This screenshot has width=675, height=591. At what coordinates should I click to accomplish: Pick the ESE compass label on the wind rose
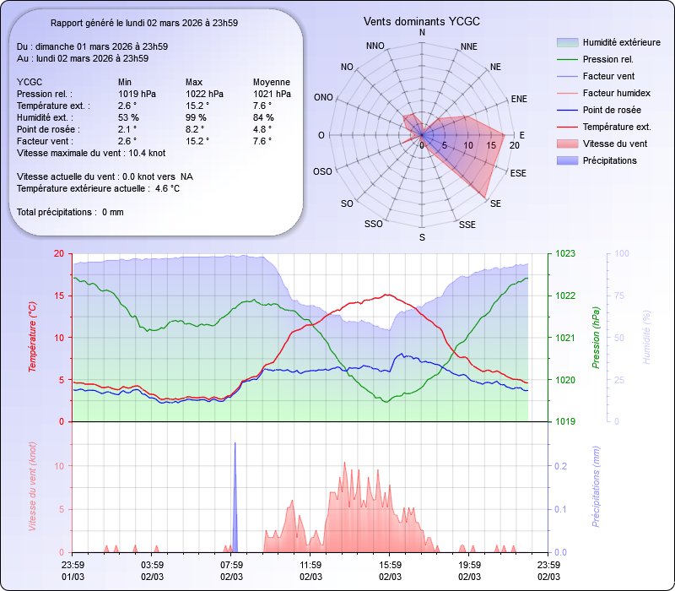pos(520,172)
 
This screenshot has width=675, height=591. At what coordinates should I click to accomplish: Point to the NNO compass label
pos(376,46)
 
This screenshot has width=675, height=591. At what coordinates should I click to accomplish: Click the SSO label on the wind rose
pos(375,225)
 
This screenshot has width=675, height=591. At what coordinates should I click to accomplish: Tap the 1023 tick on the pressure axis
pos(564,253)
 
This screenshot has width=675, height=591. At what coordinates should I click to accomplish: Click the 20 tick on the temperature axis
pos(57,253)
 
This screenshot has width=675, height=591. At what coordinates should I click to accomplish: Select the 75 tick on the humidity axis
pos(621,295)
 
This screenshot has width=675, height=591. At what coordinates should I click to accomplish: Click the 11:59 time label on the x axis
pos(310,565)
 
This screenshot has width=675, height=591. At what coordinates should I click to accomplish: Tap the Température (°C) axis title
pos(33,337)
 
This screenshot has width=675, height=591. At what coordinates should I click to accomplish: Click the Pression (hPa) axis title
pos(596,337)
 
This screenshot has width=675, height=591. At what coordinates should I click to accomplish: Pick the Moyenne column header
pos(272,82)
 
